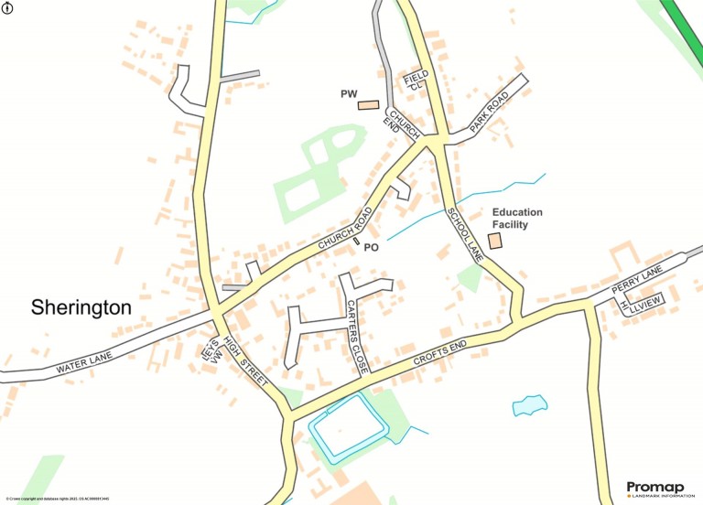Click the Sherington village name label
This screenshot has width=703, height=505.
click(81, 307)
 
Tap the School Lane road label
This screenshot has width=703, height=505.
click(464, 235)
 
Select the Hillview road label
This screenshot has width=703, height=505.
click(641, 305)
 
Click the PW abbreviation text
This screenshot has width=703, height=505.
click(348, 94)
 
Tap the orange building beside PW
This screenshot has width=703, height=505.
click(368, 104)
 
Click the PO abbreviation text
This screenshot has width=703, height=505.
click(372, 247)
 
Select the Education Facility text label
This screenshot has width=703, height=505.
click(517, 218)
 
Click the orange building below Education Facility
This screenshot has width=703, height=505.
click(494, 241)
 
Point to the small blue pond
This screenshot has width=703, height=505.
click(530, 404)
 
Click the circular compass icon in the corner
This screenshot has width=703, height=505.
click(8, 8)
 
